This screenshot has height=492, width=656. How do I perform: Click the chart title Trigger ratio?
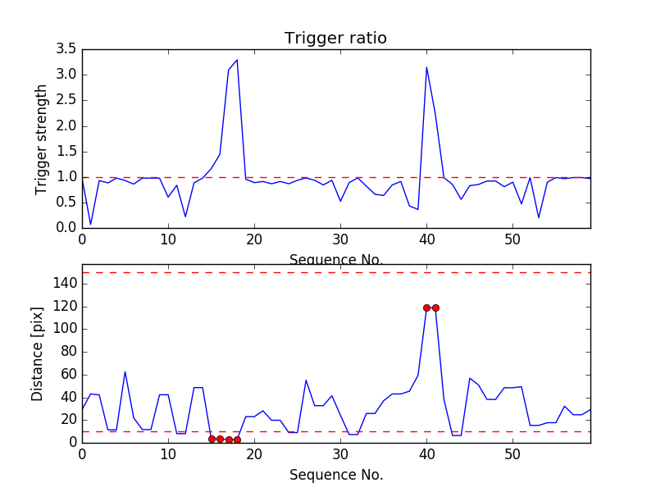(x=335, y=39)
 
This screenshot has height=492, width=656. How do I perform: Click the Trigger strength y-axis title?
(x=42, y=139)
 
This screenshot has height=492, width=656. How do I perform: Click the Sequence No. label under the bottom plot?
(x=335, y=475)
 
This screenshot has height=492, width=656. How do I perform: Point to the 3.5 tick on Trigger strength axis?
(x=66, y=49)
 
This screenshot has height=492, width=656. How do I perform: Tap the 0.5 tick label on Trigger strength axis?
(x=66, y=203)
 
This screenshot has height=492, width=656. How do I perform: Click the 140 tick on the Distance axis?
(x=64, y=284)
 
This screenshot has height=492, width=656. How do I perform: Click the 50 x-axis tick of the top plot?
(x=512, y=239)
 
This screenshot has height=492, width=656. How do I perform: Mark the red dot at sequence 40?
(x=426, y=307)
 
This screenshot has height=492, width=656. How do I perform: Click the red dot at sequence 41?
(x=435, y=307)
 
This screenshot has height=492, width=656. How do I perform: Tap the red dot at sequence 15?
(x=212, y=439)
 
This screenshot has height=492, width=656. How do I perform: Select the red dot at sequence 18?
(x=237, y=440)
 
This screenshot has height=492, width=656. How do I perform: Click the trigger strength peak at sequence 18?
(x=237, y=60)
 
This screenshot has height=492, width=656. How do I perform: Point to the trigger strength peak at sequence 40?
(x=426, y=67)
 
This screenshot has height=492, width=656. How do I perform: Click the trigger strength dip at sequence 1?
(x=90, y=225)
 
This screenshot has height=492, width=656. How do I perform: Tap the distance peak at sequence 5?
(x=125, y=371)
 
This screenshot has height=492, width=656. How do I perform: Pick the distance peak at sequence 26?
(x=306, y=380)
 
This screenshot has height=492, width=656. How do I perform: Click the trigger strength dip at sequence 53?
(x=539, y=217)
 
